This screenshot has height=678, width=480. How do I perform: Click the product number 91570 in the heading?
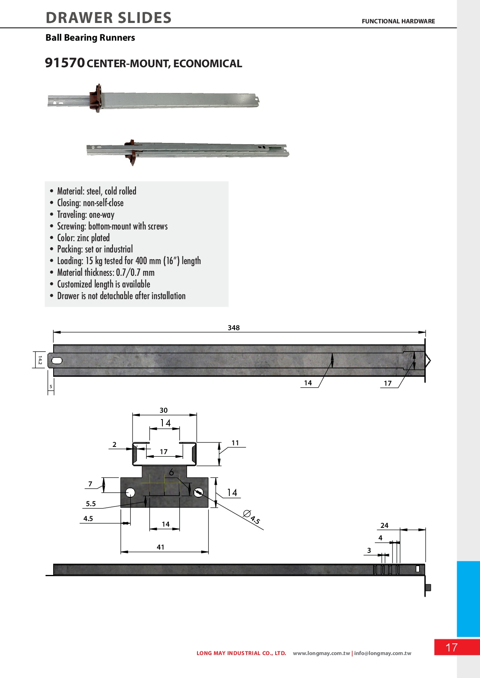[x=64, y=63]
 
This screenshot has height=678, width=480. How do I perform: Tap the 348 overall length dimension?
[x=234, y=327]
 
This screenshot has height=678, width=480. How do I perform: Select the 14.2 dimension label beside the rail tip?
[x=40, y=360]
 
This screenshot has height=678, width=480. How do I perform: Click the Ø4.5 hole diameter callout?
[x=251, y=517]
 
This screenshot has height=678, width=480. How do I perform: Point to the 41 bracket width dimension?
[x=161, y=547]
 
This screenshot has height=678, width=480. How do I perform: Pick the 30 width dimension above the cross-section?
[x=164, y=410]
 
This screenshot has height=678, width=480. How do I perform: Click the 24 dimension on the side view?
[x=384, y=525]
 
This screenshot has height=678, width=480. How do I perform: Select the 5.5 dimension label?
[x=91, y=504]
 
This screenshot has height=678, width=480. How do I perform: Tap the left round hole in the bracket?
[x=130, y=492]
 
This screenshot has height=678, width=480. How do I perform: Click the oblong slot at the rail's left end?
[x=57, y=360]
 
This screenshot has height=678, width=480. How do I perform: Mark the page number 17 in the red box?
[x=451, y=647]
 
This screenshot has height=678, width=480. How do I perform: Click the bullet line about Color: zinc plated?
[x=83, y=238]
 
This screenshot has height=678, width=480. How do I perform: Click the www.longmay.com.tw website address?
[x=321, y=653]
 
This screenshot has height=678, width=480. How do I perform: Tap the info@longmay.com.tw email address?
[x=383, y=653]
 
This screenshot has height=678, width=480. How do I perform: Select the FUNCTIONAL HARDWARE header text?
[x=398, y=21]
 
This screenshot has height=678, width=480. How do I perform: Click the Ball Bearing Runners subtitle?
[x=90, y=37]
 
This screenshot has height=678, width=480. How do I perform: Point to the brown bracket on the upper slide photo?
[x=95, y=98]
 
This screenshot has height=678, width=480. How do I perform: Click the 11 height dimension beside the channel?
[x=235, y=443]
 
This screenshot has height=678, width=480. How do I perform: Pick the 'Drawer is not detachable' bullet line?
[x=121, y=296]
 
